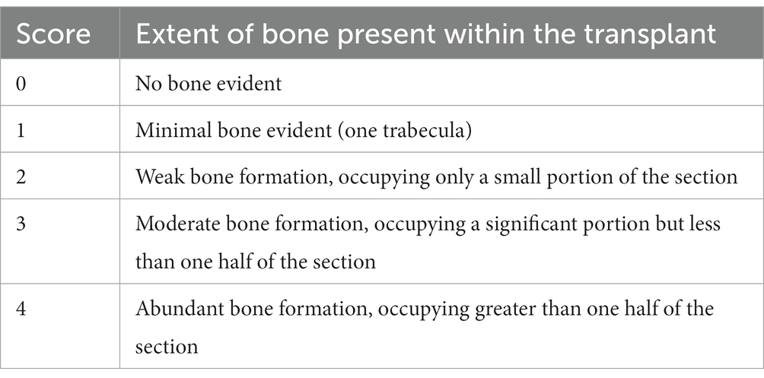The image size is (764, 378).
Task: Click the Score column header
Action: click(x=53, y=34)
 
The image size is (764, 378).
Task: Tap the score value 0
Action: click(x=21, y=84)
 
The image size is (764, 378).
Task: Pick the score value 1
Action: click(x=21, y=130)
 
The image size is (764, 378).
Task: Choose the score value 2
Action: click(x=21, y=176)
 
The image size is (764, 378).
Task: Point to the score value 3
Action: click(x=21, y=223)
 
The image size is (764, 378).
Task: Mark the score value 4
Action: click(x=21, y=308)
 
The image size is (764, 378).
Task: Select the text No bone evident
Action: click(x=209, y=84)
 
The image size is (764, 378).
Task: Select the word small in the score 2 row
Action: click(x=515, y=176)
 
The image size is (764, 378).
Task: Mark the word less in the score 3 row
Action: click(x=704, y=223)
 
